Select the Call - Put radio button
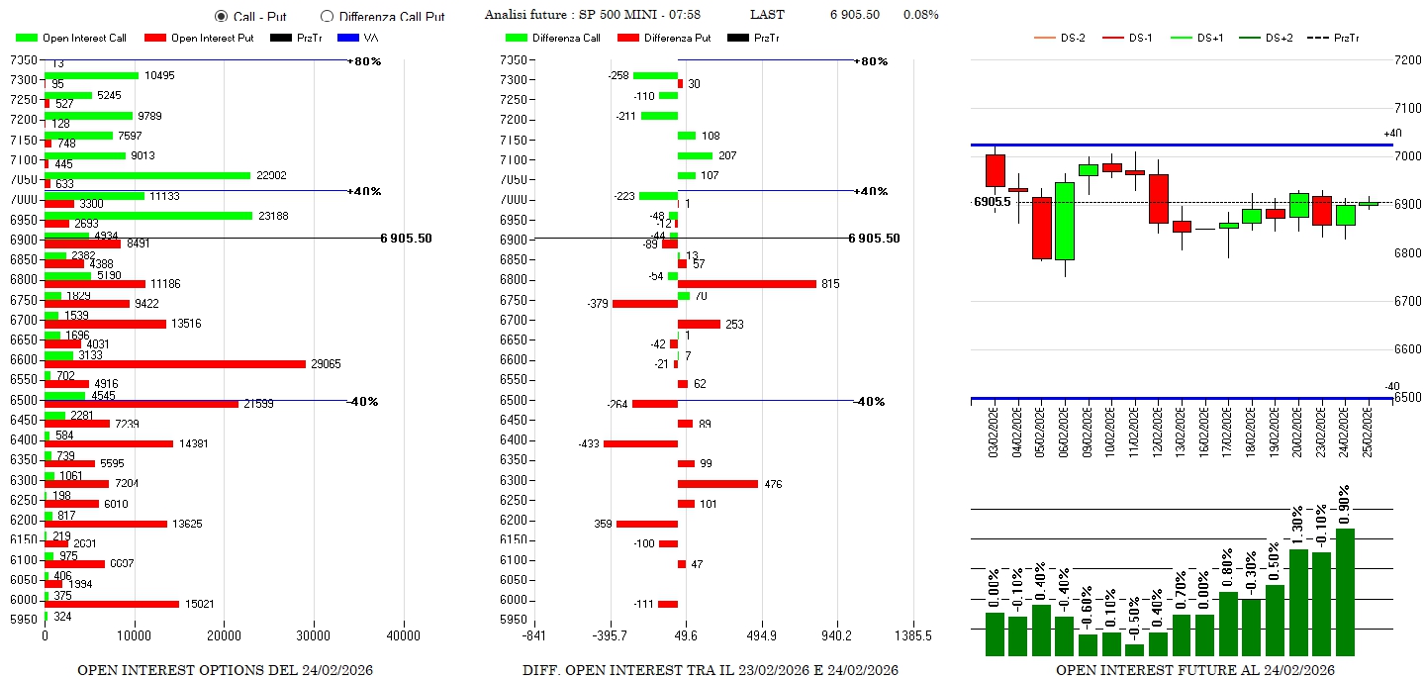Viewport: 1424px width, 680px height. [221, 17]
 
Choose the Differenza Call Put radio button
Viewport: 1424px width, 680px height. [327, 17]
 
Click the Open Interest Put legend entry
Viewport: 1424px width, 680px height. [199, 38]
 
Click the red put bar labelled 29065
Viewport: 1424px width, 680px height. [175, 364]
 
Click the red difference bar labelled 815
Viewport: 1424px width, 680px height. [747, 284]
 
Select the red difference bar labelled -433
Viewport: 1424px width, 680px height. [640, 443]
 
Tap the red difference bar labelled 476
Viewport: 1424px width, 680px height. [717, 484]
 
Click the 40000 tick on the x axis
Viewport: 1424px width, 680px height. [403, 635]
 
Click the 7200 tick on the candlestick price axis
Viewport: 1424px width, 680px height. [1406, 60]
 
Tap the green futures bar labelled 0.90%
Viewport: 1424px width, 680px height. [1345, 591]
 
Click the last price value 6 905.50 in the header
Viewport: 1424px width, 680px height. [854, 15]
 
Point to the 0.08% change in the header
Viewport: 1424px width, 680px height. [920, 15]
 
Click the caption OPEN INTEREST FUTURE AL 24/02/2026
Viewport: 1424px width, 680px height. [1194, 670]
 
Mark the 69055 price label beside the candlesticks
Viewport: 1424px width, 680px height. [992, 202]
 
